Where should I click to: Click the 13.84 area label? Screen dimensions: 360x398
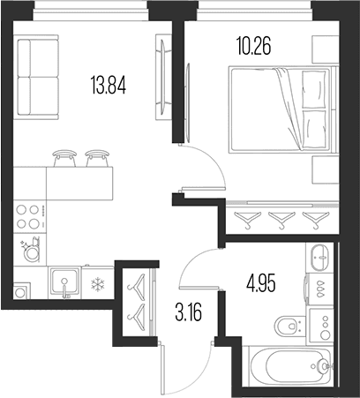(x=109, y=85)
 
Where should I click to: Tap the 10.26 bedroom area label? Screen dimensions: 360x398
(x=253, y=46)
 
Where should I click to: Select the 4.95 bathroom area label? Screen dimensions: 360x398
(x=261, y=284)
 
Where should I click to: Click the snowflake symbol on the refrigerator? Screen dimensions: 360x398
(x=97, y=284)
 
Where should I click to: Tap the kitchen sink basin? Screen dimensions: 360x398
(x=64, y=282)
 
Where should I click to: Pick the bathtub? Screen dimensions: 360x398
(x=290, y=366)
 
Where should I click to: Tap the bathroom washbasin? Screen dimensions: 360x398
(x=319, y=258)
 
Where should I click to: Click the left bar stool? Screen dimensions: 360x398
(x=64, y=158)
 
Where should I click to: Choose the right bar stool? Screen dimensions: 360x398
(x=97, y=158)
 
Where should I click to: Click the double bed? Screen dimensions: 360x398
(x=280, y=109)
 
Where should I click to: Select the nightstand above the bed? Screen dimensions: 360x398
(x=325, y=49)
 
